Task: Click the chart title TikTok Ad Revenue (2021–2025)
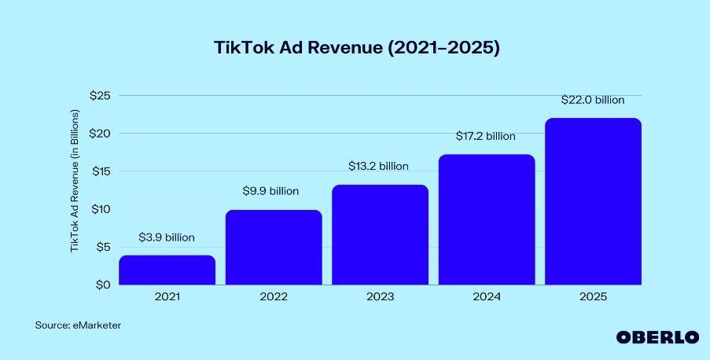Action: click(356, 47)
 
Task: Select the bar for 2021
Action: click(167, 270)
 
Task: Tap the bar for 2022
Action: click(274, 247)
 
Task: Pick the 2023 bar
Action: click(380, 234)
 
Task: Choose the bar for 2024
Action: click(486, 219)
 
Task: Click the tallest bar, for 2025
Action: click(593, 201)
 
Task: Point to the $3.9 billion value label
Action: click(167, 237)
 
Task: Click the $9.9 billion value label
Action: click(270, 191)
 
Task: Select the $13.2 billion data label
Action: click(378, 166)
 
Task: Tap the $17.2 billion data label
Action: click(485, 136)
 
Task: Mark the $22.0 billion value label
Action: click(592, 100)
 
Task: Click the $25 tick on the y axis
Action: click(100, 95)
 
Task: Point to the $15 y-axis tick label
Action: click(100, 171)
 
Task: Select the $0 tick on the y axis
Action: click(103, 285)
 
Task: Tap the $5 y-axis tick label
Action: click(103, 247)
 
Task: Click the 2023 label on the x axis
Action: click(380, 297)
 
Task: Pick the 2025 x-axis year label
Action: click(593, 297)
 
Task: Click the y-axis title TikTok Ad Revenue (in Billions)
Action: click(75, 181)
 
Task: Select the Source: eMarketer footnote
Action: click(78, 325)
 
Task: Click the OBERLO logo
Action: click(657, 337)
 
